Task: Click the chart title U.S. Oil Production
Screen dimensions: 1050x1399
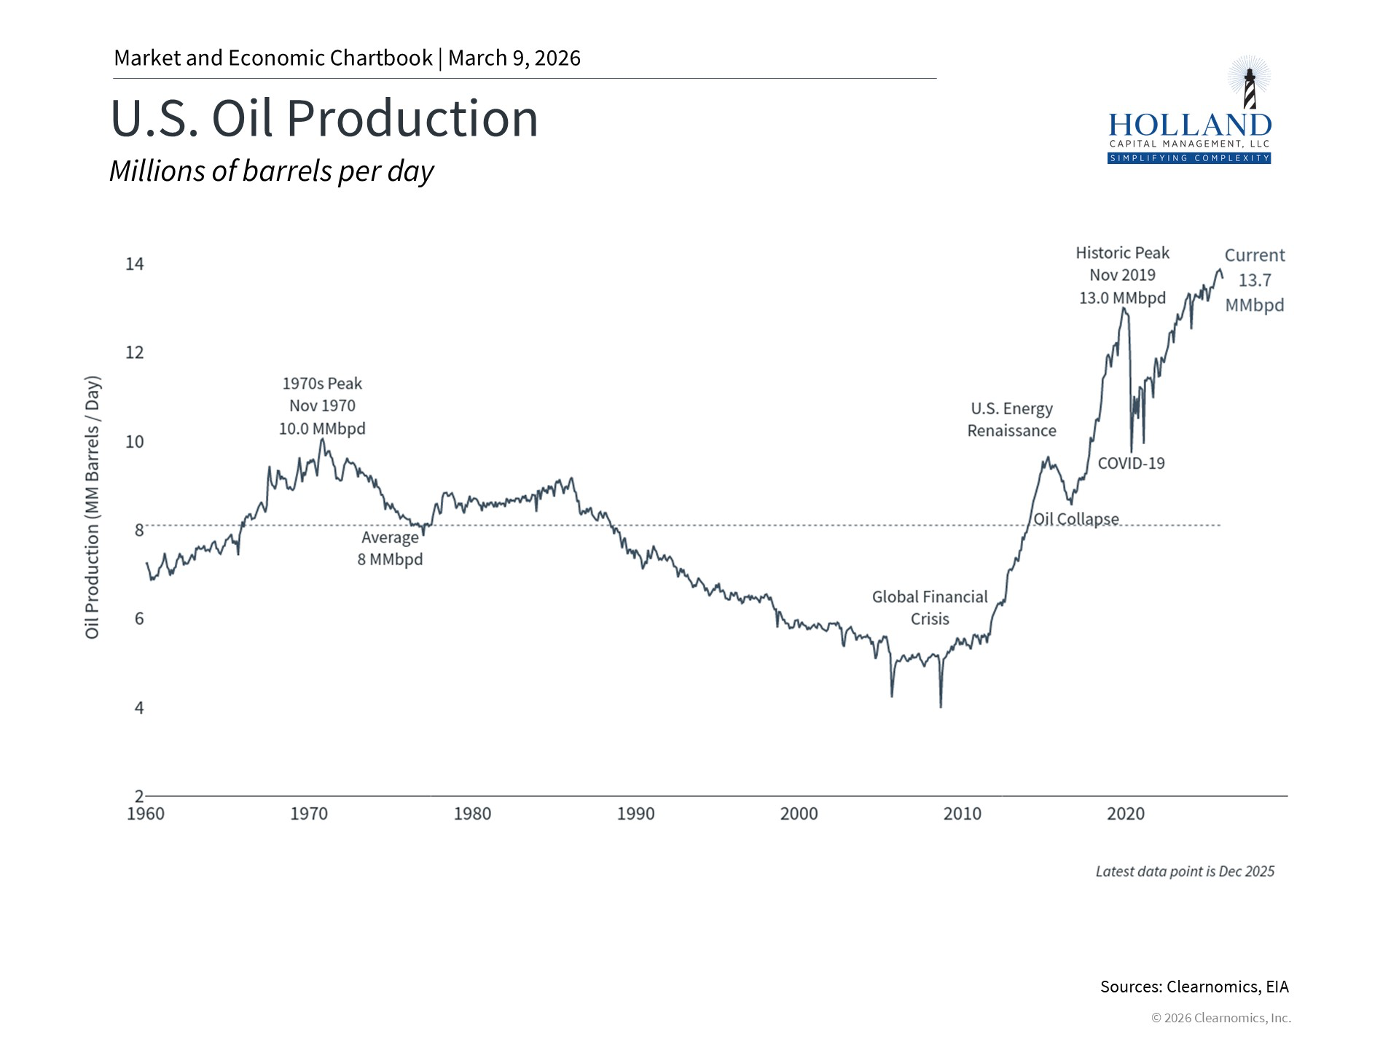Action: (324, 119)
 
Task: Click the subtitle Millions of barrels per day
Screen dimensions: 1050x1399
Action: (271, 171)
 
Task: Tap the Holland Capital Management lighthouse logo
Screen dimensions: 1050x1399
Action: (1189, 111)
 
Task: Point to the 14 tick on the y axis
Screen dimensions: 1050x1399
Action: (135, 264)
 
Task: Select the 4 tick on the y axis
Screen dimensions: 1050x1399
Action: (138, 708)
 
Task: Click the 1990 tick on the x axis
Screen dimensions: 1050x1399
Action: (635, 814)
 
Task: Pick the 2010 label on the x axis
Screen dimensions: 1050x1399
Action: (962, 814)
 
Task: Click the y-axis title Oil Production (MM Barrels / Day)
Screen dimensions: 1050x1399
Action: (92, 508)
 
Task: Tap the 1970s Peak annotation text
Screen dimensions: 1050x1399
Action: (322, 405)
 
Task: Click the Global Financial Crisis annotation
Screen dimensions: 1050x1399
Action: (930, 607)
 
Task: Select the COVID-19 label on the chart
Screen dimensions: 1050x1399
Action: (1131, 463)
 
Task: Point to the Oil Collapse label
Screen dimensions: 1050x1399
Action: (1076, 519)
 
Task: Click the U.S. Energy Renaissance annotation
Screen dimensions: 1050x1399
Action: (1011, 419)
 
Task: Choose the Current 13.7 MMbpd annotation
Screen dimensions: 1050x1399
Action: (1254, 280)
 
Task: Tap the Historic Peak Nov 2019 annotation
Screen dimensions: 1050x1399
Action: (1122, 275)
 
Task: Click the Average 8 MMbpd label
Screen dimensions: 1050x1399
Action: (390, 548)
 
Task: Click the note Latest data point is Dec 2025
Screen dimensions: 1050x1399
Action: (1185, 871)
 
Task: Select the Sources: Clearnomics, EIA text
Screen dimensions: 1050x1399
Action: (1194, 987)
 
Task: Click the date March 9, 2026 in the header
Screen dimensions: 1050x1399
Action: (514, 58)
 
